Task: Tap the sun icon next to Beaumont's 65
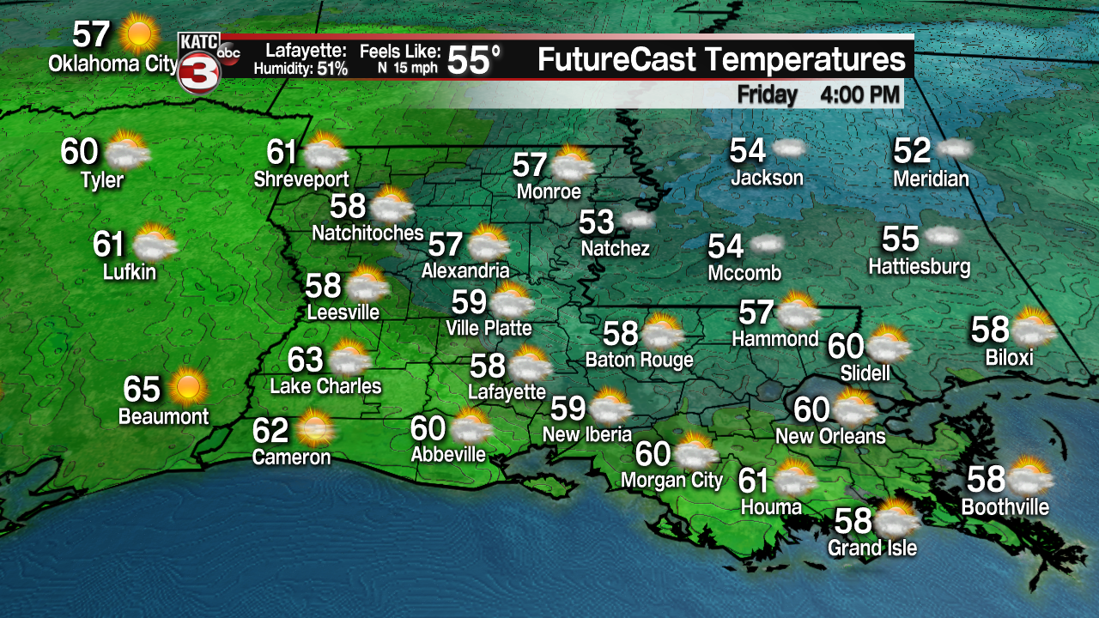coord(187,388)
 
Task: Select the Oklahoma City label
coord(112,64)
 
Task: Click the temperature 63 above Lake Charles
coord(305,360)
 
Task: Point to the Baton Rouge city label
coord(639,360)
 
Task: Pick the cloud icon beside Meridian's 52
coord(953,149)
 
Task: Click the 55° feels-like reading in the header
coord(473,60)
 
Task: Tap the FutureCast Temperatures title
coord(721,60)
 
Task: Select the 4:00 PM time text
coord(859,94)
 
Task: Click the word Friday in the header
coord(767,94)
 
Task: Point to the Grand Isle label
coord(872,548)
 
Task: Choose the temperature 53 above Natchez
coord(596,222)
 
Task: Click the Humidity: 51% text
coord(301,70)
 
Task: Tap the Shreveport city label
coord(301,179)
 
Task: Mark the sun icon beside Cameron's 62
coord(315,427)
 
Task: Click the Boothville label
coord(1005,507)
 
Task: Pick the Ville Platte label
coord(489,328)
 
